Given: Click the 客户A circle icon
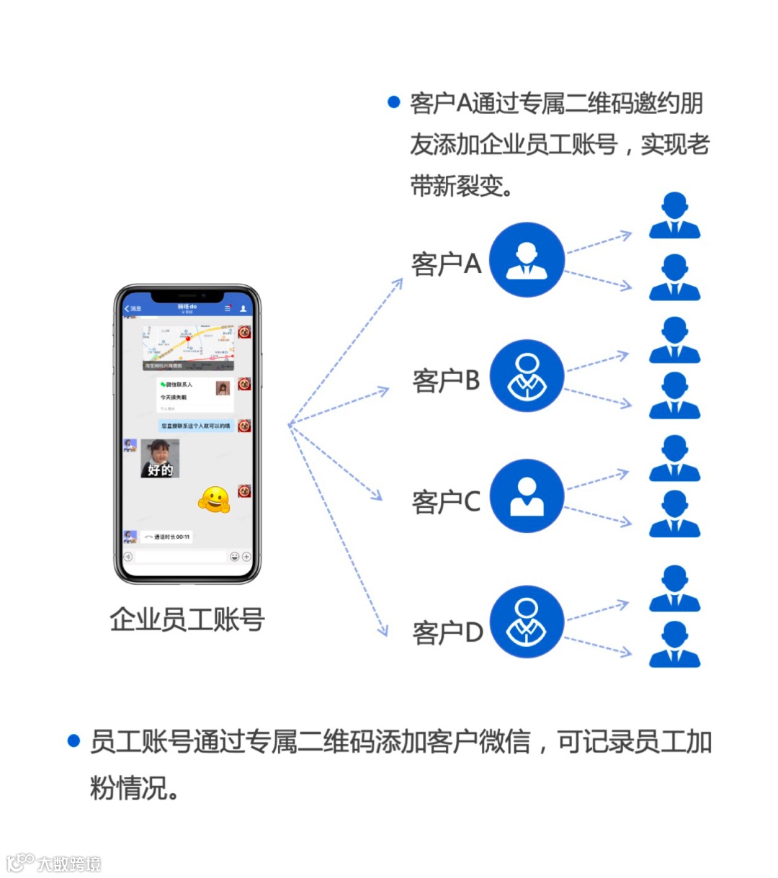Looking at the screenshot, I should tap(527, 259).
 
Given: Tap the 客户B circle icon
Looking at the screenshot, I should tap(527, 377).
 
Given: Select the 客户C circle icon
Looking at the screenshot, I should tap(527, 496).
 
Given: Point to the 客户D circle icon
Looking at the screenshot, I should tap(527, 622).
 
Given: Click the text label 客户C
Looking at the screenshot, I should tap(446, 501).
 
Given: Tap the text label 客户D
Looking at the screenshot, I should tap(447, 632).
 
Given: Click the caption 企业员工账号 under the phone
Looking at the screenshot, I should tap(187, 619).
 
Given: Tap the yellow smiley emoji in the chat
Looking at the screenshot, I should tap(214, 499).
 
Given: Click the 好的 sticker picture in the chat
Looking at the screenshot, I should tap(160, 459).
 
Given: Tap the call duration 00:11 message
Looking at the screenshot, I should tap(167, 537).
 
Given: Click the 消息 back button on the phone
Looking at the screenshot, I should tap(133, 309).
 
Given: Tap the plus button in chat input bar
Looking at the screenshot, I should tap(246, 557).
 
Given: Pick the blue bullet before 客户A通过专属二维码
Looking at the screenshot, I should tap(393, 102).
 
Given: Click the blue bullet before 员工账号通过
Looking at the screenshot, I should tap(73, 740).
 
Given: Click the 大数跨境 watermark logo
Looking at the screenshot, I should tap(54, 863).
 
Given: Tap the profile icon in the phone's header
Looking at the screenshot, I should tap(243, 308).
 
